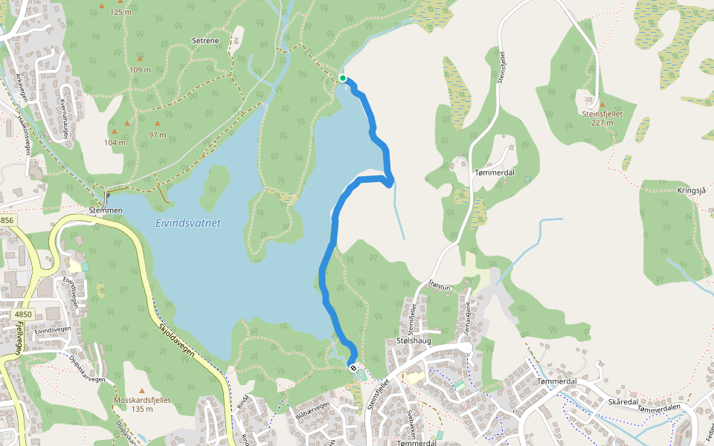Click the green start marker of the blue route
(342, 78)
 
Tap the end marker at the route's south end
(353, 367)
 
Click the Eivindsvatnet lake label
(188, 223)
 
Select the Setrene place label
(205, 41)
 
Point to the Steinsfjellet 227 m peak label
(602, 118)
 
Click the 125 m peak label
(120, 12)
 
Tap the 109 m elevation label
(140, 69)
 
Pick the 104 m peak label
(115, 142)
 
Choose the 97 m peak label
(157, 135)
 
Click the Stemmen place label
(106, 210)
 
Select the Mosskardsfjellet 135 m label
(142, 404)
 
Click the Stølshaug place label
(414, 340)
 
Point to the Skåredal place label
(623, 401)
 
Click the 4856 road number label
(7, 220)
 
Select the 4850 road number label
(24, 314)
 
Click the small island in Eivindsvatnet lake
(215, 187)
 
